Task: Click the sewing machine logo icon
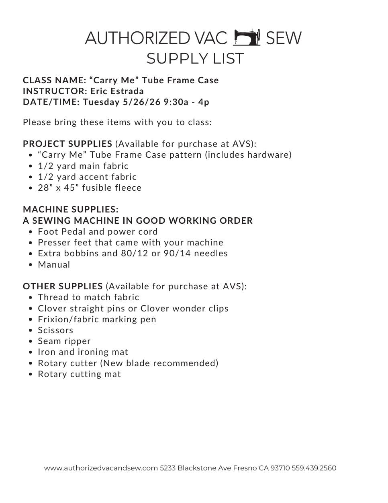click(x=247, y=37)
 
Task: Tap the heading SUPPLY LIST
click(x=195, y=58)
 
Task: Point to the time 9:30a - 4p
click(x=186, y=102)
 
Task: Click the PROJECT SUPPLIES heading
click(x=67, y=144)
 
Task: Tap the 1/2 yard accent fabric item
click(x=87, y=177)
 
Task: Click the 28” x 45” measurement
click(x=58, y=188)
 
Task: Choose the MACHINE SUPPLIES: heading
click(x=71, y=209)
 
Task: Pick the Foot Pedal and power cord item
click(x=98, y=232)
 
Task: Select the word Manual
click(x=54, y=265)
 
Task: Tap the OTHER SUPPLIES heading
click(x=63, y=286)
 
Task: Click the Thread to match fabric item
click(x=88, y=297)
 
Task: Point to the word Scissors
click(x=55, y=330)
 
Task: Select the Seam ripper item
click(x=64, y=341)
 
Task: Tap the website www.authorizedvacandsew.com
click(x=101, y=468)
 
